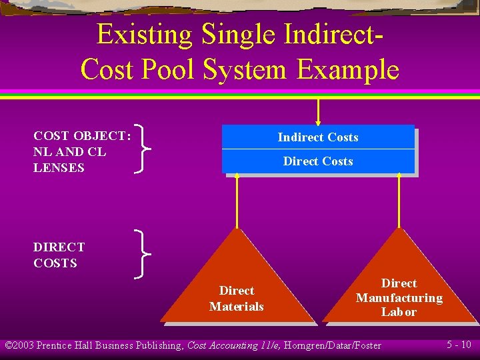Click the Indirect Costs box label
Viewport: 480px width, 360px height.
[318, 137]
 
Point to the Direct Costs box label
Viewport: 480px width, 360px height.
[318, 161]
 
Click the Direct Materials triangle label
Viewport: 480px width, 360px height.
[237, 299]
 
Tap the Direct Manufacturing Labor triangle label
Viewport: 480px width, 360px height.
[399, 298]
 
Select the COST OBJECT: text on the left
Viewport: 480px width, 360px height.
[82, 136]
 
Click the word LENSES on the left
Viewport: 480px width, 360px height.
[59, 168]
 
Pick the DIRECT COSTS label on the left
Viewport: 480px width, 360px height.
[59, 255]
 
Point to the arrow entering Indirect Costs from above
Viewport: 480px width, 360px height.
[319, 111]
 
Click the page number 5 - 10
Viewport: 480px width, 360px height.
[459, 345]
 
